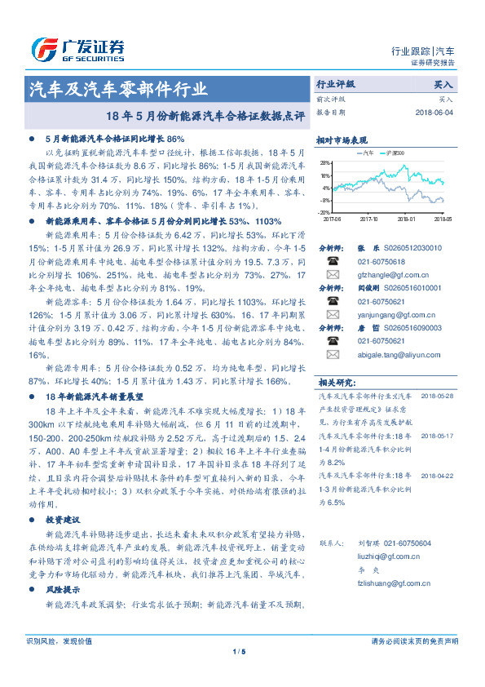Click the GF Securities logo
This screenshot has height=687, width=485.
[77, 49]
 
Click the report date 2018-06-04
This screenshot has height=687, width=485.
[434, 112]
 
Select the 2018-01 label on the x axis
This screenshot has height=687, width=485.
[406, 219]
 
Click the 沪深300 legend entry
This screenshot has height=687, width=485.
[394, 153]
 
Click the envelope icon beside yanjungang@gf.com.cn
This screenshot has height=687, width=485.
[332, 315]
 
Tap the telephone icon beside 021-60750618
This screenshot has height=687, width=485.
[332, 261]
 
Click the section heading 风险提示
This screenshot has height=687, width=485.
[62, 587]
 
